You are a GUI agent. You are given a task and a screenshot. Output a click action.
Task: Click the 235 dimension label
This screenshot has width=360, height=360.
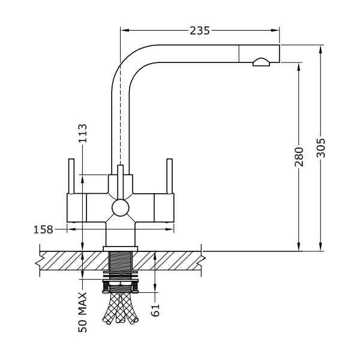click(x=200, y=31)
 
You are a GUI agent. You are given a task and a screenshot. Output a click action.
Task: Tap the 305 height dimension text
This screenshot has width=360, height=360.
click(x=321, y=148)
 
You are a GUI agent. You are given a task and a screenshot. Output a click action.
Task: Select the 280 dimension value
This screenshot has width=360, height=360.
click(x=299, y=157)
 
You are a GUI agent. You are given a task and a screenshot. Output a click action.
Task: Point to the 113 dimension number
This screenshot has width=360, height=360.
click(x=83, y=133)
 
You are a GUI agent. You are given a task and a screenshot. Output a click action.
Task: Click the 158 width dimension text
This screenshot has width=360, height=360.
click(x=43, y=230)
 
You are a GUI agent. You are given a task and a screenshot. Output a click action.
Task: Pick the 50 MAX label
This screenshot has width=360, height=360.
click(x=83, y=312)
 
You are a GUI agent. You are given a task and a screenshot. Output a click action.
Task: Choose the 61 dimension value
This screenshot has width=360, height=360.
click(x=155, y=310)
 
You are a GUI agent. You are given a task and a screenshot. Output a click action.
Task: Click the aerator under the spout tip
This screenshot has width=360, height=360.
click(x=261, y=62)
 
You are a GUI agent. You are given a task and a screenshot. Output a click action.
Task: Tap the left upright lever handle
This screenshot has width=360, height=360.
click(x=71, y=176)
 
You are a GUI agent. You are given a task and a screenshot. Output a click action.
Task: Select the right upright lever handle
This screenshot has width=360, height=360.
click(x=169, y=176)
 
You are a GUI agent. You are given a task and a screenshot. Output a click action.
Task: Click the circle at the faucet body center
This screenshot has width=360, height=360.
click(x=121, y=208)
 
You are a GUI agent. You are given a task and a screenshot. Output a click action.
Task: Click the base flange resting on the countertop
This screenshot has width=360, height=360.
click(x=121, y=248)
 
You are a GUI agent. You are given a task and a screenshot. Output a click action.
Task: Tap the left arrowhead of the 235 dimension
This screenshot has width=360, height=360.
click(x=124, y=31)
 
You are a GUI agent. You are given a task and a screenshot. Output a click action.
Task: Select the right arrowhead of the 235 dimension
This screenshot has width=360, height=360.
click(x=275, y=31)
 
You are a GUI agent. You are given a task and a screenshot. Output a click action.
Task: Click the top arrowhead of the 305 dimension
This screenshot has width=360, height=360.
click(x=321, y=49)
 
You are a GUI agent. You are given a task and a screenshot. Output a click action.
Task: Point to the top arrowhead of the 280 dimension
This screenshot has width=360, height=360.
click(x=299, y=67)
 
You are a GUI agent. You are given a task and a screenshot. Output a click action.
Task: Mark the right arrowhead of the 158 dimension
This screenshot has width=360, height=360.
click(x=170, y=229)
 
